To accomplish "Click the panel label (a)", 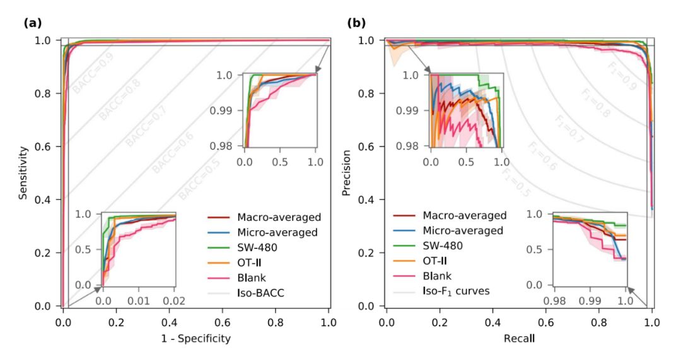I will point(33,23).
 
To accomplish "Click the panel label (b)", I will point(356,23).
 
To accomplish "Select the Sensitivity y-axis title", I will point(24,173).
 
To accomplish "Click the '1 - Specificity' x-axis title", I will point(196,339).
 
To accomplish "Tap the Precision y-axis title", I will point(346,173).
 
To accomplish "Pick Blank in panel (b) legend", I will point(438,276).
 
